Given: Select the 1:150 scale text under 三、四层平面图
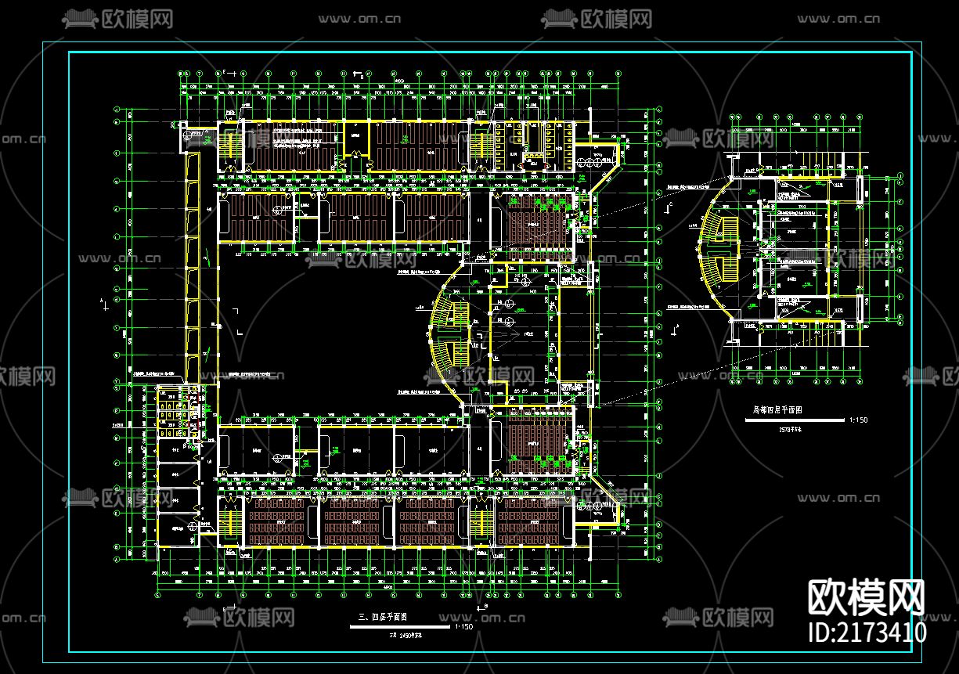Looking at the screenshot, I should point(463,627).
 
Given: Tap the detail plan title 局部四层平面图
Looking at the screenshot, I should point(777,410).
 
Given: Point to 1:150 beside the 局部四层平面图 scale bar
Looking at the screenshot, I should point(858,420).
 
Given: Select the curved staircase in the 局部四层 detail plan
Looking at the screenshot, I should point(718,249).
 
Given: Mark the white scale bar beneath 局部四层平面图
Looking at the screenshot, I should point(795,420).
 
